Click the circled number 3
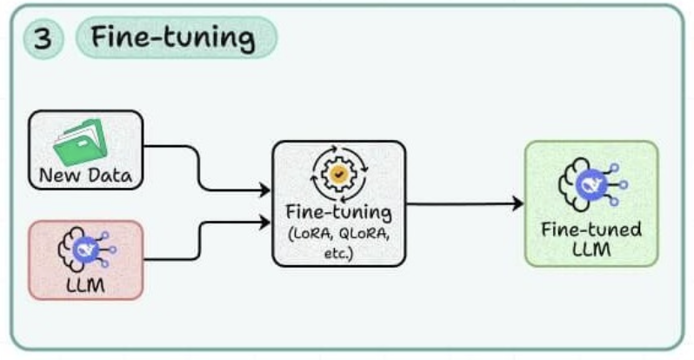(42, 38)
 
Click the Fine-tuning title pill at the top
(175, 38)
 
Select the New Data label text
(85, 177)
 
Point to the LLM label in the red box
(85, 284)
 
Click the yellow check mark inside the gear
(337, 174)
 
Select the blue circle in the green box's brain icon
(590, 183)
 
